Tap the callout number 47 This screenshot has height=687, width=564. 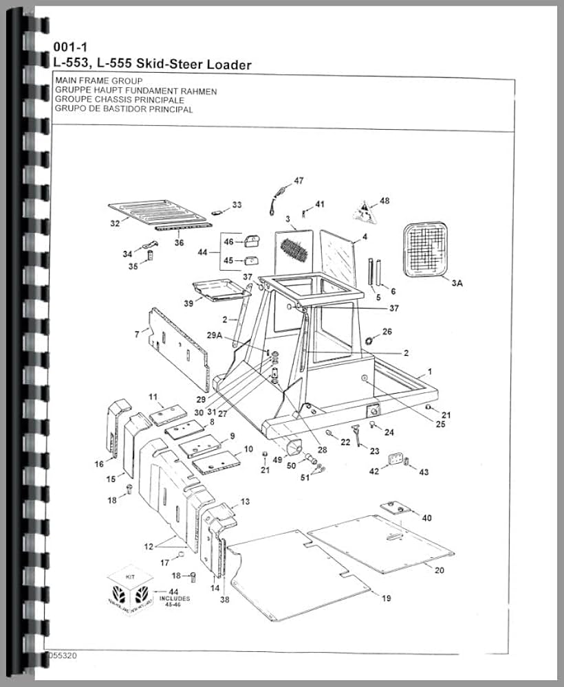299,181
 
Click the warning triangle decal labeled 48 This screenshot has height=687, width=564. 364,210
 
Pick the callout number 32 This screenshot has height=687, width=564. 115,223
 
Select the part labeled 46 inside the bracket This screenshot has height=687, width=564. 251,241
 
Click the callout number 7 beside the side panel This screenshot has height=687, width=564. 137,334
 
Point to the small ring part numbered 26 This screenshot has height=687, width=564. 369,340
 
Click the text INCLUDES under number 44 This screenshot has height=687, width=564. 175,598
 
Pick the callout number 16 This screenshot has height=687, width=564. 99,464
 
